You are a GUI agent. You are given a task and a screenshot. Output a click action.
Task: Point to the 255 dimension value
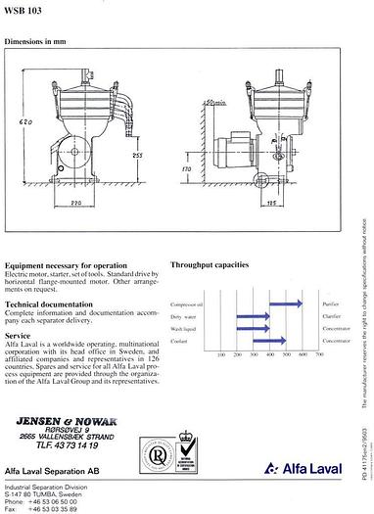pyautogui.click(x=138, y=154)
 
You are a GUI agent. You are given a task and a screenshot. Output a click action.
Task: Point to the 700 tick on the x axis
pyautogui.click(x=320, y=354)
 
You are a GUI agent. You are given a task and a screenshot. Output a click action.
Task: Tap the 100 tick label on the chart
pyautogui.click(x=221, y=354)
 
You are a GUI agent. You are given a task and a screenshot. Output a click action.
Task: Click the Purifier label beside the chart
pyautogui.click(x=329, y=304)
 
